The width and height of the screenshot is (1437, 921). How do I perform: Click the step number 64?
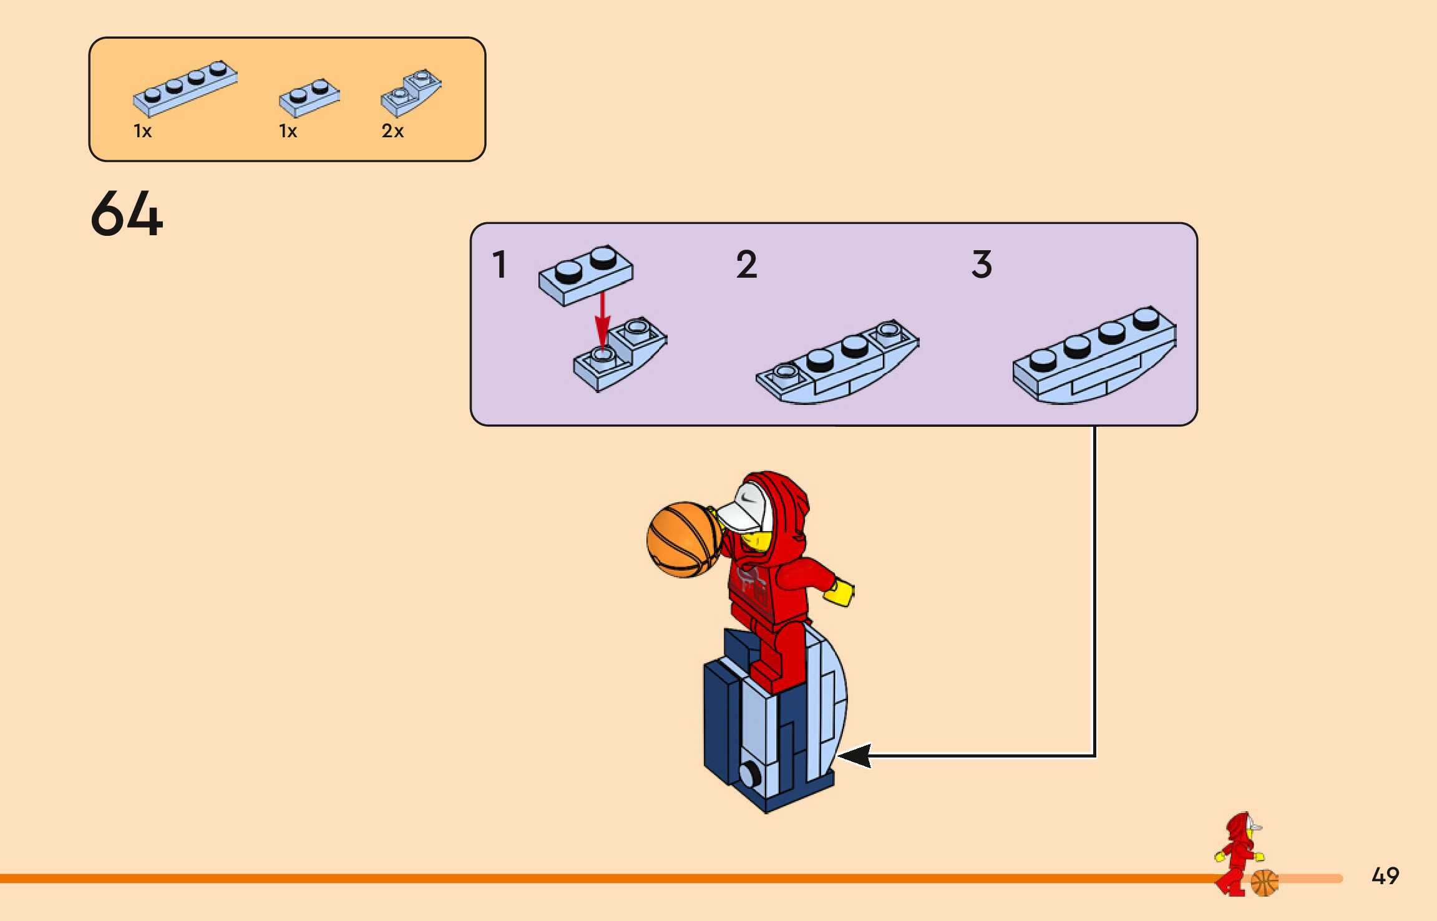tap(127, 214)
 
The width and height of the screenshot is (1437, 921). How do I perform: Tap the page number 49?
tap(1385, 876)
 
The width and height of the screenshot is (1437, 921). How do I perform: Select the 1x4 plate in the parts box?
tap(185, 88)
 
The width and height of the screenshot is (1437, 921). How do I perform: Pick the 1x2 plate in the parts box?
tap(309, 97)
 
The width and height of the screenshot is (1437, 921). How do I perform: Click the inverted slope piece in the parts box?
tap(411, 92)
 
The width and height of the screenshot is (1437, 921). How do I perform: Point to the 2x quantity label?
tap(392, 131)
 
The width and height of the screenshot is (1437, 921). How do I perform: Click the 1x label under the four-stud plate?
tap(143, 131)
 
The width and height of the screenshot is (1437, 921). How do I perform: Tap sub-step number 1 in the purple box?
tap(499, 264)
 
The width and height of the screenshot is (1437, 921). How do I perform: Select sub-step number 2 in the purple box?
tap(746, 264)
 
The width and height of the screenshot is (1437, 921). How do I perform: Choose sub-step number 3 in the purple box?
tap(982, 264)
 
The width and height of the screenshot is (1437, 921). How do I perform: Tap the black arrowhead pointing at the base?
tap(855, 756)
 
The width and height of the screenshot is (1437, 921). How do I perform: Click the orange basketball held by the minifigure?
tap(684, 540)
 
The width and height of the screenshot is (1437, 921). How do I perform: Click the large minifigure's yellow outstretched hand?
tap(839, 592)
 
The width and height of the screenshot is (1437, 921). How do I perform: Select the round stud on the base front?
tap(749, 775)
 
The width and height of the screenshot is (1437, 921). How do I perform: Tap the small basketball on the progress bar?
tap(1264, 883)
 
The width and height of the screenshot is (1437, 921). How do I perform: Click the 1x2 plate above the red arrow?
tap(586, 275)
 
